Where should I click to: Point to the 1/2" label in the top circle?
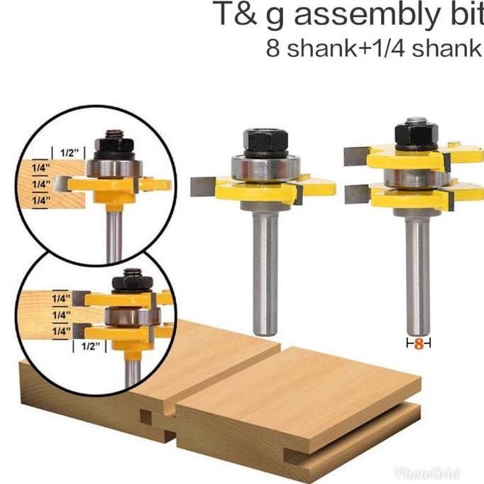point(69,153)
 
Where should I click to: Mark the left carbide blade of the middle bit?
point(204,186)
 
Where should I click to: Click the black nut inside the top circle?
point(114,145)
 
